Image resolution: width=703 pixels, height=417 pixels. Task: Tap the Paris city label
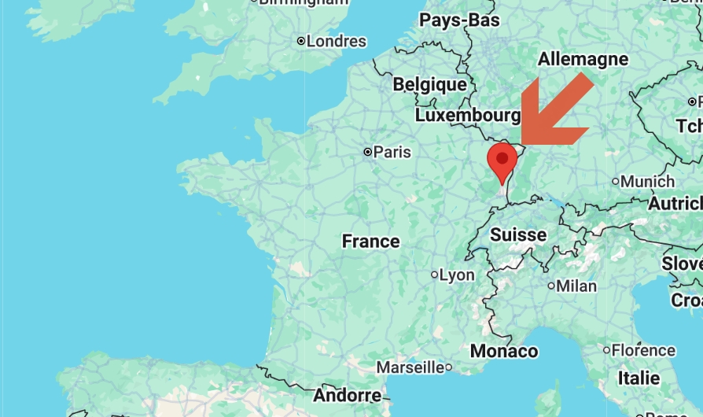tap(392, 152)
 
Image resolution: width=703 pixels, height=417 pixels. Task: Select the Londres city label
tap(336, 41)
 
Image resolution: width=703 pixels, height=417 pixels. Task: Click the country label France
tap(370, 242)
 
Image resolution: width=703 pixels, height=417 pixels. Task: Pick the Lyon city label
tap(457, 275)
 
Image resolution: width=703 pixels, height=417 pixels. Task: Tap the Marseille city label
tap(410, 367)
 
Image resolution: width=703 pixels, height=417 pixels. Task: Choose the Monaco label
tap(503, 351)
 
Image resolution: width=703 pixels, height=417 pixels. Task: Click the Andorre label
tap(347, 395)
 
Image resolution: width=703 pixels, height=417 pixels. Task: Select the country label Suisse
tap(517, 234)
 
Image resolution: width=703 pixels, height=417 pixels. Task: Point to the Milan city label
tap(576, 286)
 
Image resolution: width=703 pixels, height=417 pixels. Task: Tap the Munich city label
tap(647, 182)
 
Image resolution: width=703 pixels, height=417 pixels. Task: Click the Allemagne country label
tap(583, 59)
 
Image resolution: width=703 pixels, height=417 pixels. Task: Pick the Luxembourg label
tap(467, 116)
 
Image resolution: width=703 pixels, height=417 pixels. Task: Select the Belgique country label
tap(429, 84)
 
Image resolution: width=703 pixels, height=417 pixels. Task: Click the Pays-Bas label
tap(459, 20)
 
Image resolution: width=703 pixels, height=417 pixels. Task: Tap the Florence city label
tap(643, 350)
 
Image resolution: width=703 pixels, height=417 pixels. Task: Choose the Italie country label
tap(639, 378)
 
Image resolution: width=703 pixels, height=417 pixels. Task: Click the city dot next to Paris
tap(367, 151)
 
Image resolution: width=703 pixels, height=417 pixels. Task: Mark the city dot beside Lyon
tap(434, 275)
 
